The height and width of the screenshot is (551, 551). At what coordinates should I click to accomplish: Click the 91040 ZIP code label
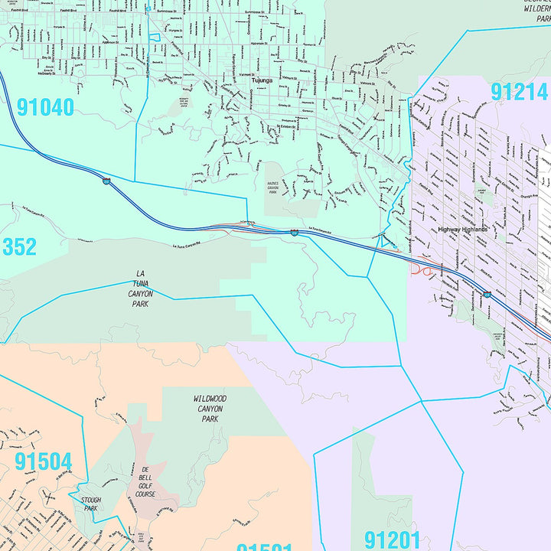coord(45,106)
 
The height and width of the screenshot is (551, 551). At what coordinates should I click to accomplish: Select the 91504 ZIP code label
coord(43,461)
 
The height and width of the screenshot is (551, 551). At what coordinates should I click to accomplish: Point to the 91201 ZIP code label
coord(393,540)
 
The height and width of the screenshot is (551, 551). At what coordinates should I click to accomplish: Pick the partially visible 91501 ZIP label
coord(264,546)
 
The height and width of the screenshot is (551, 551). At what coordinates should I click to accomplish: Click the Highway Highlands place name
coord(462,229)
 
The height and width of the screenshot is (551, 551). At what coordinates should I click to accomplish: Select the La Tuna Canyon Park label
coord(139,289)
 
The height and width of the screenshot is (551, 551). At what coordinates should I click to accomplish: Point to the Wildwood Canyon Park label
coord(208,409)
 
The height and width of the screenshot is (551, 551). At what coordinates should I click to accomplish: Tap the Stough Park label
coord(90,504)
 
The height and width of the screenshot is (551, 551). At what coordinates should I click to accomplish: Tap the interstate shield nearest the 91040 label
coord(106,181)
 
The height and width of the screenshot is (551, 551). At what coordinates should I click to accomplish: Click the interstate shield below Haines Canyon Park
coord(294,231)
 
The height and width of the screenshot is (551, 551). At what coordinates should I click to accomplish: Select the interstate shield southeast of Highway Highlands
coord(487,294)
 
